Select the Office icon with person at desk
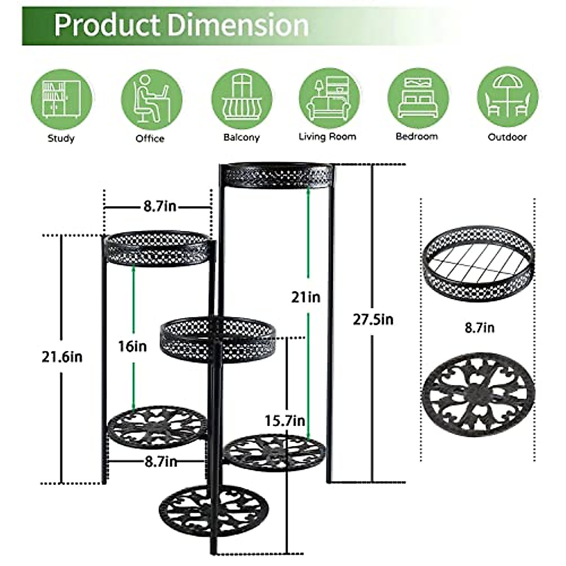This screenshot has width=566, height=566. [x=151, y=100]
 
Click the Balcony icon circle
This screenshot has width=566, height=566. [x=241, y=100]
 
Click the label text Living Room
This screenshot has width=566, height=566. [x=327, y=137]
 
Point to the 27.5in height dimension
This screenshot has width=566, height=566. [x=373, y=320]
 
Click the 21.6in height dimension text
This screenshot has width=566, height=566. [x=62, y=357]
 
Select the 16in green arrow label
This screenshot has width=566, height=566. [x=132, y=347]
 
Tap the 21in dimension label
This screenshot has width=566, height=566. [x=306, y=297]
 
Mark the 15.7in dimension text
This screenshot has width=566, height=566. [x=284, y=420]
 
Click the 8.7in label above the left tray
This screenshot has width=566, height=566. [x=159, y=207]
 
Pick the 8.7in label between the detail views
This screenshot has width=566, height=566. [x=479, y=327]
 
